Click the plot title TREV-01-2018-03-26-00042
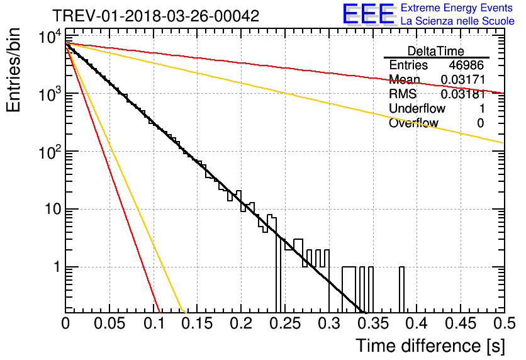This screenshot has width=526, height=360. point(155,16)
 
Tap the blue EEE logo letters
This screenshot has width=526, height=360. point(369,14)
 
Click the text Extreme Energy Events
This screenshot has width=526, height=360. point(457,8)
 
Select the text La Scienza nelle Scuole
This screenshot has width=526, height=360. point(457,21)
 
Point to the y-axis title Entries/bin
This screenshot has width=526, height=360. point(13,70)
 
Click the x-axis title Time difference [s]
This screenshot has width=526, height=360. point(430,346)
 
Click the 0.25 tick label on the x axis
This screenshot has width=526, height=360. point(285,323)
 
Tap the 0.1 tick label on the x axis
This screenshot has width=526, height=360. point(154,323)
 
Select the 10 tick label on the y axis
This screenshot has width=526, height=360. point(53,210)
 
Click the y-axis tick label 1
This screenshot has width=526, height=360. point(57,267)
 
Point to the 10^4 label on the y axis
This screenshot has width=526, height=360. point(50,37)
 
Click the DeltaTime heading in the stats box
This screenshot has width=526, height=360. point(436,52)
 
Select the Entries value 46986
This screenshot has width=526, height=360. point(466,65)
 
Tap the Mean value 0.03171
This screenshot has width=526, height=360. point(463,79)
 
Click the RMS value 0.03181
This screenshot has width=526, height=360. point(463,94)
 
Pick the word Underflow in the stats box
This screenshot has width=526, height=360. point(417,108)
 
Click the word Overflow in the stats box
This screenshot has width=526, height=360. point(413,123)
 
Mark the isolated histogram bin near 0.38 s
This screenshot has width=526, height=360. point(401,290)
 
